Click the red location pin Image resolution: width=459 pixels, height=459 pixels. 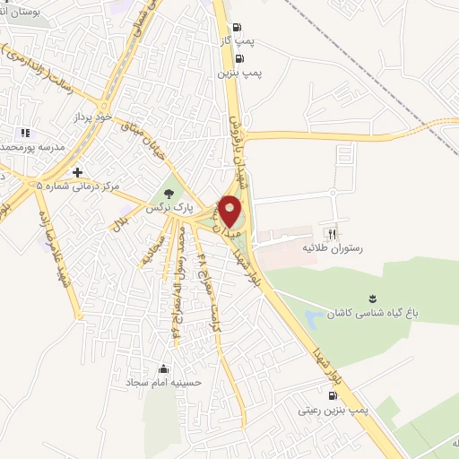pos(230,210)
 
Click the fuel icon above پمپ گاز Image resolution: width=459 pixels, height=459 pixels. pos(236,28)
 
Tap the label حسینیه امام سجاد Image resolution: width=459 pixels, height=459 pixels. pos(163,383)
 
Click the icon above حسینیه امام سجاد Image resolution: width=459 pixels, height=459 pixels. pos(163,368)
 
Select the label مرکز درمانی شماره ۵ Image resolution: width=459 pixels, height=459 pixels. pos(78,186)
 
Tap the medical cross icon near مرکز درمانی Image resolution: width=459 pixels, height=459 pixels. pos(78,171)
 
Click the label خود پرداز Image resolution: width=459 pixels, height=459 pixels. pos(92,117)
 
